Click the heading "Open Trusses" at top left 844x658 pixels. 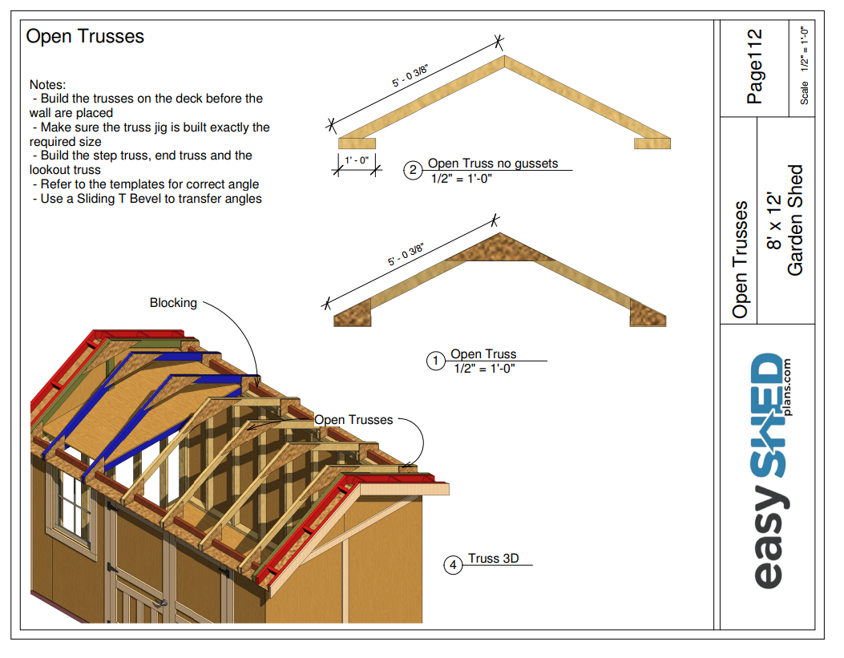pos(85,37)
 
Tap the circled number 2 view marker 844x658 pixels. pos(414,170)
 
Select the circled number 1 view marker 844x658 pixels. pos(435,361)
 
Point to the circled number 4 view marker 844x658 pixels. pos(454,566)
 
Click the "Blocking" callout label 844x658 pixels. pos(173,303)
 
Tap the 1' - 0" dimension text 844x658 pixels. pos(356,160)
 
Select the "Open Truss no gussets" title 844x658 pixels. pos(492,163)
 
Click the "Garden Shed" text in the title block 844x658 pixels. pos(795,220)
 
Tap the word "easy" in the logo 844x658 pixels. pos(769,545)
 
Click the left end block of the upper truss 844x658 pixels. pos(357,143)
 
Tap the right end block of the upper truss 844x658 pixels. pos(652,143)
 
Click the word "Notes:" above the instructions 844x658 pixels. pos(47,84)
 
